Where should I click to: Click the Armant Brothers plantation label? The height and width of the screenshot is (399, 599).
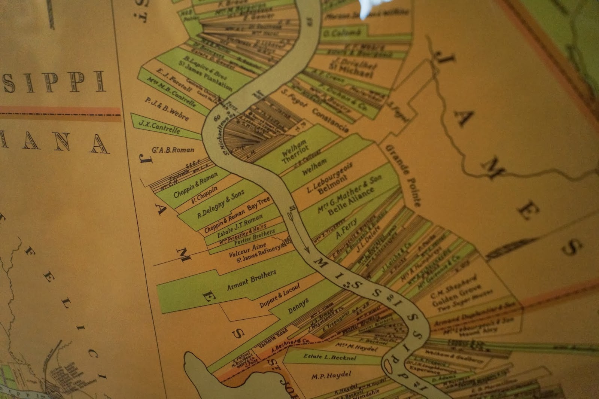[x=251, y=280]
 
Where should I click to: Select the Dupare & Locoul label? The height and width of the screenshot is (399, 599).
[x=280, y=296]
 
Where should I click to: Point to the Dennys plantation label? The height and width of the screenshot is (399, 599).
[x=298, y=306]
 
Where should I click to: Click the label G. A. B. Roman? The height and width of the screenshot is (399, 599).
[x=173, y=150]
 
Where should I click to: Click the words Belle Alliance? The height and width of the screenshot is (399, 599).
[x=351, y=201]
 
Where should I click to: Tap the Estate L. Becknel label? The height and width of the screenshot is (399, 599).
[x=330, y=357]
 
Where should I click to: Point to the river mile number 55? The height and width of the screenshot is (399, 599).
[x=292, y=208]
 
